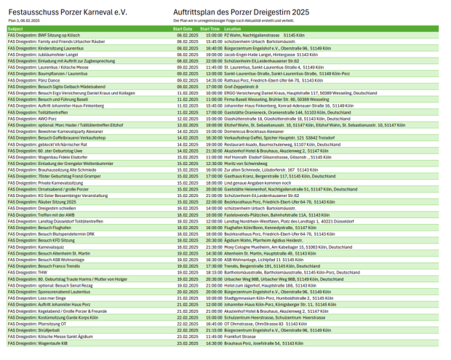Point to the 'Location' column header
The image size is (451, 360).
(253, 28)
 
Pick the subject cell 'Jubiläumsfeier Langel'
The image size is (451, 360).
(43, 54)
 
